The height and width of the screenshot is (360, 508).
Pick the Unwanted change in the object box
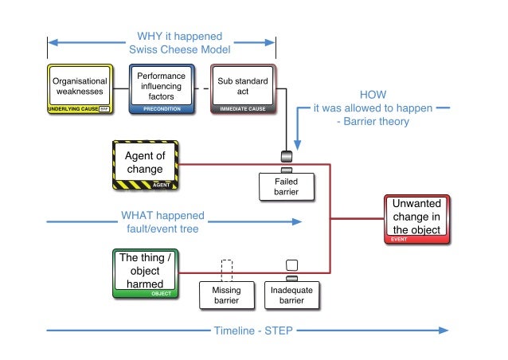416,216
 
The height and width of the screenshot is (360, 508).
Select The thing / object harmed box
144,272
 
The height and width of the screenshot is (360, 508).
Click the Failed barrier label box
287,187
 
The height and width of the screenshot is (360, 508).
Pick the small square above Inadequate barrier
291,265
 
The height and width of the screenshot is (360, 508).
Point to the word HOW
373,95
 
